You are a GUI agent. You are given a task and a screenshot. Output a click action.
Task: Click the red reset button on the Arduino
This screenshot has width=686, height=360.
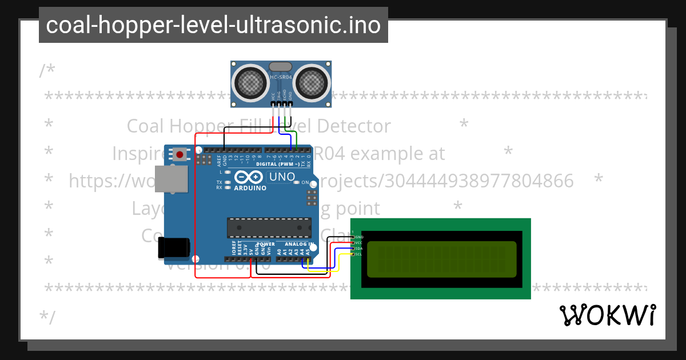click(x=180, y=154)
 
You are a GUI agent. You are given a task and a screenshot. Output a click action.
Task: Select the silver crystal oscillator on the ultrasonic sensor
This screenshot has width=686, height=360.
click(x=281, y=67)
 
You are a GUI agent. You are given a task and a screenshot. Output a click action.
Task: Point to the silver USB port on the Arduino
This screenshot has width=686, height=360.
click(x=171, y=179)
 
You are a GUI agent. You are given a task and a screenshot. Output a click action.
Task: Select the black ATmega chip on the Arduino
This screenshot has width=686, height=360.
click(x=269, y=227)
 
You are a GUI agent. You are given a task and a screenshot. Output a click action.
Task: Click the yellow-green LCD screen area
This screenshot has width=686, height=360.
click(x=441, y=259)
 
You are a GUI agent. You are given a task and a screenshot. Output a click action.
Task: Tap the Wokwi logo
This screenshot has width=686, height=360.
click(x=607, y=315)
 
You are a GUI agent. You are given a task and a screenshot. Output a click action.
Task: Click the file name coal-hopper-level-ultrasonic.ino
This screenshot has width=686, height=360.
click(x=213, y=25)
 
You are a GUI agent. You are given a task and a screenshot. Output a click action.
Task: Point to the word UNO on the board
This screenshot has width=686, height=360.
click(x=282, y=177)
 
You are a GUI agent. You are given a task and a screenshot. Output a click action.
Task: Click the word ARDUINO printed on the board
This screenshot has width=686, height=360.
click(x=250, y=188)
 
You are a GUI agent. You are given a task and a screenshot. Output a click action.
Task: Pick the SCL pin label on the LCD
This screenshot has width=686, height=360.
click(x=358, y=254)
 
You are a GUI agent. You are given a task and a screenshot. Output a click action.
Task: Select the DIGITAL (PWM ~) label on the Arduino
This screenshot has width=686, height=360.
click(x=277, y=163)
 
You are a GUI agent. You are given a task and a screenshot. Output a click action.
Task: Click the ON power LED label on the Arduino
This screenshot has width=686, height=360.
click(x=305, y=183)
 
